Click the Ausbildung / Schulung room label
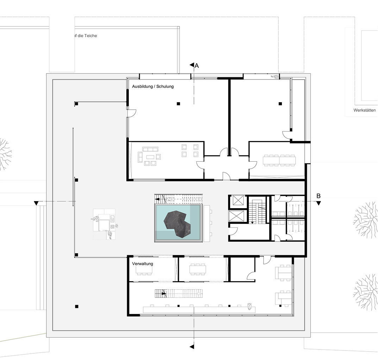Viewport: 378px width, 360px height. [153, 86]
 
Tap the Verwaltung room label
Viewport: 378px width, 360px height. [143, 264]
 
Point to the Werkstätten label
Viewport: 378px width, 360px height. [365, 110]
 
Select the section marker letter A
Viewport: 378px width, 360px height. [197, 65]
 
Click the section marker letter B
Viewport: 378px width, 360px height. [319, 196]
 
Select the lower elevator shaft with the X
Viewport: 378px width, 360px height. [237, 216]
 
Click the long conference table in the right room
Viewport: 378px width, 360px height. [280, 160]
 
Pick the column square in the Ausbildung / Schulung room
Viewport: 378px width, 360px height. [178, 104]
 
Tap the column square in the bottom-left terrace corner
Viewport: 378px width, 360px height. [76, 307]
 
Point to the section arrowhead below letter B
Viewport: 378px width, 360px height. [319, 203]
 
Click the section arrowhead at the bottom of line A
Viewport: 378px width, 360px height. [192, 347]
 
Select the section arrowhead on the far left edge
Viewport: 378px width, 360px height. [36, 203]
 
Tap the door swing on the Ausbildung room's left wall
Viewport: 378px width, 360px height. [132, 114]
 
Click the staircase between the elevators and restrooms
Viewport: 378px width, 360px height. [258, 210]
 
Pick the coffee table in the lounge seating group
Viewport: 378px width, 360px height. [150, 157]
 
